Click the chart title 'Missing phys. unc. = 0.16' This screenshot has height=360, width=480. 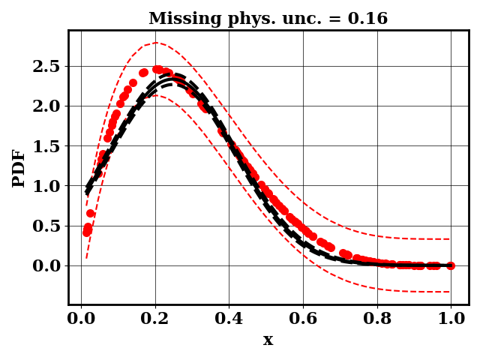coord(268,19)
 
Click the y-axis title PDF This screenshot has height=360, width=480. coord(19,168)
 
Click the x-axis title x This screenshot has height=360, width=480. coord(268,340)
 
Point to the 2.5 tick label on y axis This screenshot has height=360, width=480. coord(46,66)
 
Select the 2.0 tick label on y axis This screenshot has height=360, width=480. coord(46,106)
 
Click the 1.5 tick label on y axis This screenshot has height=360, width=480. coord(46,145)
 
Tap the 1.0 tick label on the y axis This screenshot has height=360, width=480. coord(46,186)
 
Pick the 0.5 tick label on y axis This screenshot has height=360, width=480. coord(46,226)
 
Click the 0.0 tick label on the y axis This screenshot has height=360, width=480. coord(46,265)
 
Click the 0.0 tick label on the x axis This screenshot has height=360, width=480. coord(81,318)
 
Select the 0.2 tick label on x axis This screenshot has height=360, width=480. coord(155,318)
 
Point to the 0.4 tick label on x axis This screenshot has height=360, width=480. coord(229,318)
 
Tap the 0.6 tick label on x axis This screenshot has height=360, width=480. coord(303,318)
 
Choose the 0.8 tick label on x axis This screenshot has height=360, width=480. coord(377,318)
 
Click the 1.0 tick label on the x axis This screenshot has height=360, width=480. coord(451,318)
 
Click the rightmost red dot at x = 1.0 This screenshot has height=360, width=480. coord(450,265)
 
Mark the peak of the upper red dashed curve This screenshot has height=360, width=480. coord(156,43)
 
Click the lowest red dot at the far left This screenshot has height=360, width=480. coord(86,232)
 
